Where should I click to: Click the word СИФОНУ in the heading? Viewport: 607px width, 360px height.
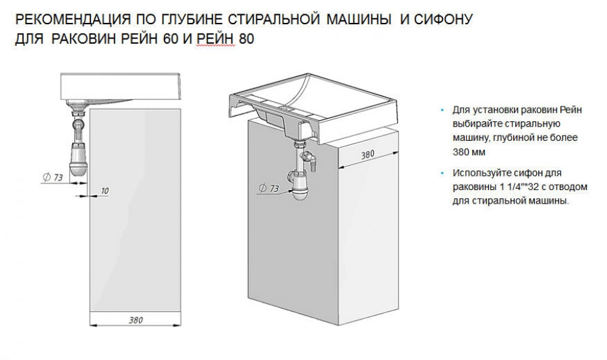click(444, 19)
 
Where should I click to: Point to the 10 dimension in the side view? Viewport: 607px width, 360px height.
click(104, 191)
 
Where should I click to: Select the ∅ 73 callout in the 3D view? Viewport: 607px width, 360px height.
click(270, 189)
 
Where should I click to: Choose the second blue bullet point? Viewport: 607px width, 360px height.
click(443, 173)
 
